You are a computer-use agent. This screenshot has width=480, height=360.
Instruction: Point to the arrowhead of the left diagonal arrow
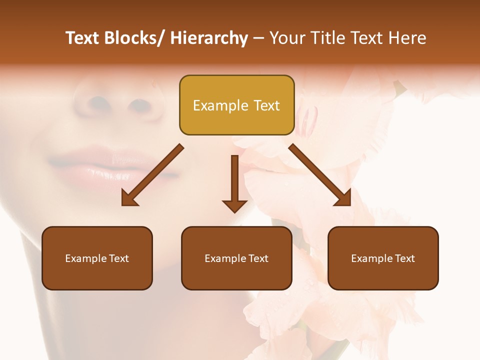pos(129,199)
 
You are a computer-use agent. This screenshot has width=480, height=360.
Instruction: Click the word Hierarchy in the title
pos(208,38)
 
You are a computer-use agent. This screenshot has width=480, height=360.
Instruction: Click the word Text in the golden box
pos(266,105)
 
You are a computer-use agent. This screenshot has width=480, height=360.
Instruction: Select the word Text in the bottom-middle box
pos(258,258)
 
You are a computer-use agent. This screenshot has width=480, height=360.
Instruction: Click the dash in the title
pos(258,38)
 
